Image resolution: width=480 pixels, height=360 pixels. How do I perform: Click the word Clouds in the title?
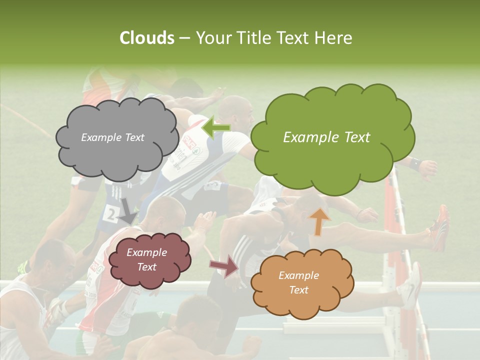click(146, 38)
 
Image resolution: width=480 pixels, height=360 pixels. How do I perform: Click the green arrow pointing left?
click(216, 127)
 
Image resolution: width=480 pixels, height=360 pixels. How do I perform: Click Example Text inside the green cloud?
click(326, 137)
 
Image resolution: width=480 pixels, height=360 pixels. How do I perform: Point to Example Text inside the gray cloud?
click(112, 137)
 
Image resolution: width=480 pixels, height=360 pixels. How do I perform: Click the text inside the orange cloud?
click(298, 282)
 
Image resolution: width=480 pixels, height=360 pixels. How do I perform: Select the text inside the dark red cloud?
click(146, 259)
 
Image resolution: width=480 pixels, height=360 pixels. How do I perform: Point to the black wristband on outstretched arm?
click(415, 163)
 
